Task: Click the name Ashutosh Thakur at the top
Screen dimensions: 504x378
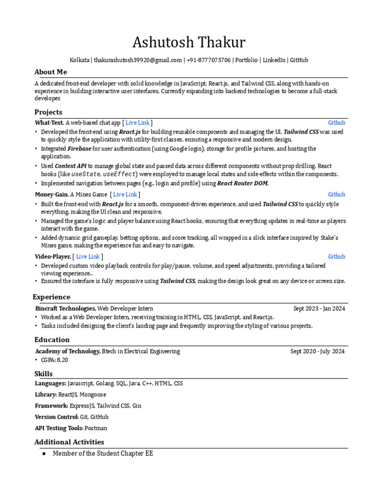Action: coord(189,43)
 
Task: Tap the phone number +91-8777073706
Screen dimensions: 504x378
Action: coord(209,60)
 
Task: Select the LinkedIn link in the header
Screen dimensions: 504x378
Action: coord(274,60)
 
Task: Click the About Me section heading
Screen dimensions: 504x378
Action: coord(51,72)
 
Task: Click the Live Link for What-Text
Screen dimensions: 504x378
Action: coord(138,123)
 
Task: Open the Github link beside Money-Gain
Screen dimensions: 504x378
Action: coord(337,194)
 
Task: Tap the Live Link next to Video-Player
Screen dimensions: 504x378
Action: coord(88,256)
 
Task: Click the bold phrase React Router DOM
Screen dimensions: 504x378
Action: coord(243,183)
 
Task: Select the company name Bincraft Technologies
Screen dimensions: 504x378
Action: coord(65,309)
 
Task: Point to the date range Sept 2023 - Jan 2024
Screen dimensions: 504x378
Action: coord(319,309)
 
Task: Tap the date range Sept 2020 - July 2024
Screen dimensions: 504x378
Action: coord(317,351)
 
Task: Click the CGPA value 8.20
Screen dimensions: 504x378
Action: coord(62,360)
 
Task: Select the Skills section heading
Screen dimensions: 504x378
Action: coord(43,374)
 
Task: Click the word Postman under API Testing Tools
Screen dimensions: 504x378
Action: coord(96,428)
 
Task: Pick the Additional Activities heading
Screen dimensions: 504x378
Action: coord(69,442)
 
